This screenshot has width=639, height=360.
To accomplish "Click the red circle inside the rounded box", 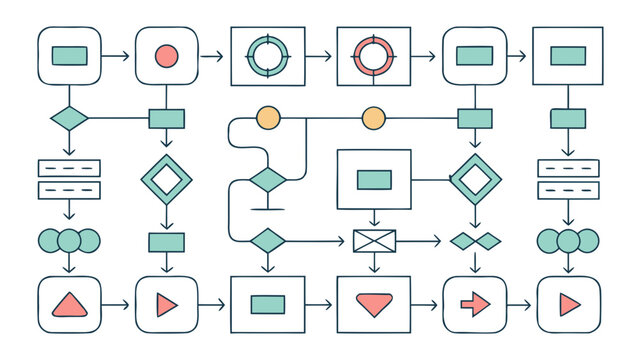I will (x=166, y=56).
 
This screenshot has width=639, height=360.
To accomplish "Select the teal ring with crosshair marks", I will (x=267, y=56).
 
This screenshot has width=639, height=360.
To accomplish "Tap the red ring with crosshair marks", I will (x=373, y=56).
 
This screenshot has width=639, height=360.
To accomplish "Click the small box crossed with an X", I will (x=374, y=241).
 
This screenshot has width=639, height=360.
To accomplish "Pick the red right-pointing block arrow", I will (x=473, y=304).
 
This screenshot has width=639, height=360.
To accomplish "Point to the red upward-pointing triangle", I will (x=68, y=304).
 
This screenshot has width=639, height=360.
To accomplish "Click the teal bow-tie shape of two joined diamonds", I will (x=474, y=241).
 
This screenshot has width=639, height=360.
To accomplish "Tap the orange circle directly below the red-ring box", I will (x=373, y=118).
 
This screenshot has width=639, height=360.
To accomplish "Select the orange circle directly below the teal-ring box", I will (x=268, y=118).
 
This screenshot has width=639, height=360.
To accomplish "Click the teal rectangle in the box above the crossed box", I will (x=374, y=180).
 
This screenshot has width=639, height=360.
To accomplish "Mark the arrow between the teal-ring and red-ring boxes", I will (x=320, y=56).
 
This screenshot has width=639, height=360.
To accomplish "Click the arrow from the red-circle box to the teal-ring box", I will (x=212, y=56).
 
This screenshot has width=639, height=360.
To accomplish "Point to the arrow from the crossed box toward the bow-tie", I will (x=420, y=241).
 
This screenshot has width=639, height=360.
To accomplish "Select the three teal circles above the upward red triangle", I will (x=68, y=241).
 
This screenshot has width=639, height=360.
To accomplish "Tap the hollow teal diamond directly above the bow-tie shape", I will (x=474, y=180).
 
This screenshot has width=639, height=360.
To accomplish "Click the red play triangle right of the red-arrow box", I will (x=569, y=304).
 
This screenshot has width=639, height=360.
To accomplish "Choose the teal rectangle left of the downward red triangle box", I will (x=267, y=304).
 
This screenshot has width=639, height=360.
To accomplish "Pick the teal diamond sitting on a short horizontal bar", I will (x=267, y=182).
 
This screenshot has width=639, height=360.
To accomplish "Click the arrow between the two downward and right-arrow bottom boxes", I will (x=424, y=304).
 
